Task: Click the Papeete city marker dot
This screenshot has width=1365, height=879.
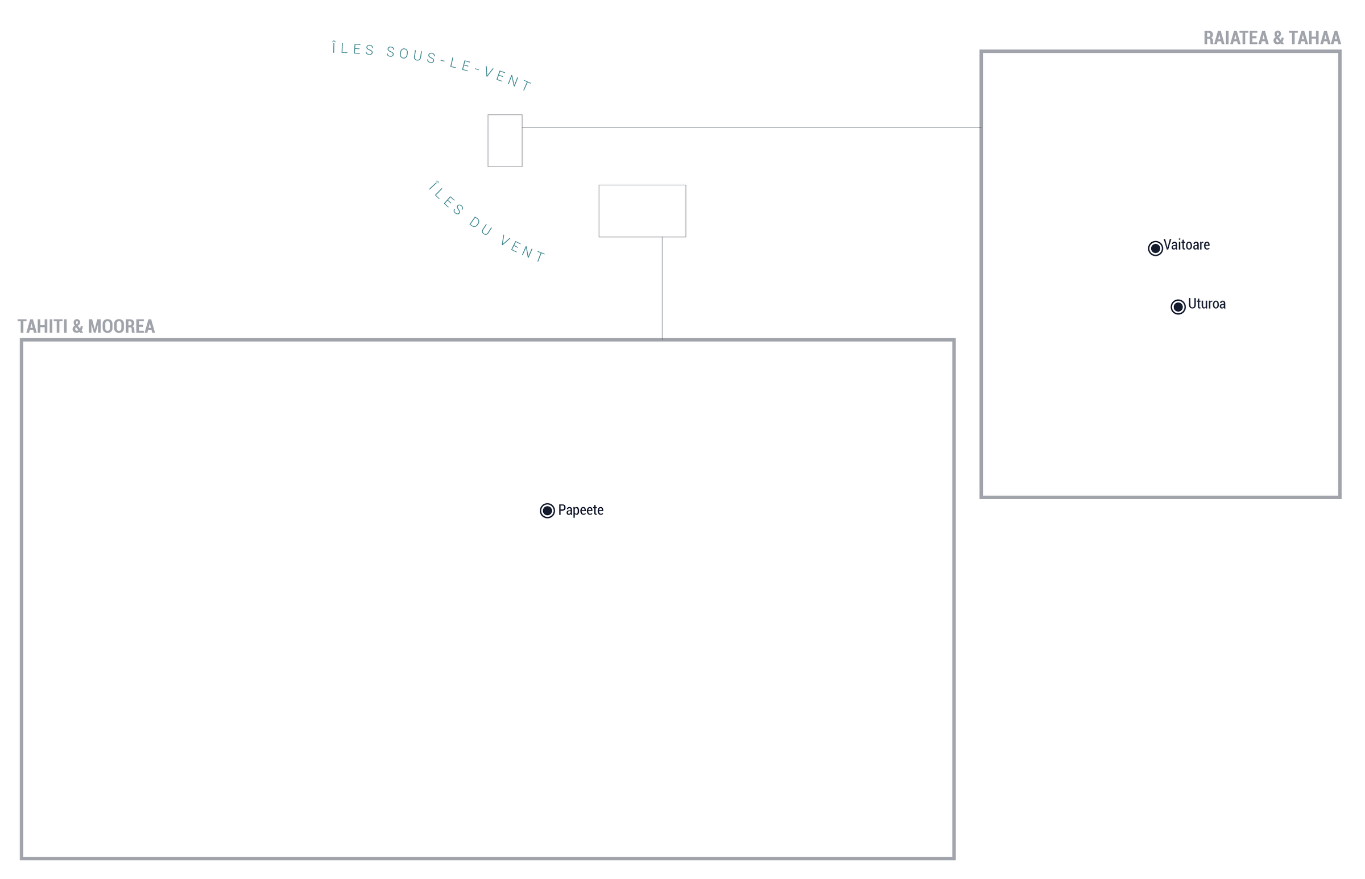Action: click(x=547, y=510)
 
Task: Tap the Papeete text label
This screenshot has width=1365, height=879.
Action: click(x=581, y=509)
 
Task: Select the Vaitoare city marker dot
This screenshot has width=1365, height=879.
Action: click(x=1155, y=248)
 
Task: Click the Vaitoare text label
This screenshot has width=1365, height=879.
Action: click(x=1186, y=245)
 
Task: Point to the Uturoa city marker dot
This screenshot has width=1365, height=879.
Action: click(x=1178, y=307)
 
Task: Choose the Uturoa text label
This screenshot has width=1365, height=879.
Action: click(x=1206, y=304)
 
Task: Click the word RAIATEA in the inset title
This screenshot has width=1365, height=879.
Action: click(x=1235, y=38)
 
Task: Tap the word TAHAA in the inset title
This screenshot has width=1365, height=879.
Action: click(x=1314, y=38)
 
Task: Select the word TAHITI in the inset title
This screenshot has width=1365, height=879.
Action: click(x=42, y=326)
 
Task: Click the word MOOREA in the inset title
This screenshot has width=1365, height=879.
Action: click(x=121, y=326)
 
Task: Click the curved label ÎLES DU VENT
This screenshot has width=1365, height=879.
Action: click(x=486, y=222)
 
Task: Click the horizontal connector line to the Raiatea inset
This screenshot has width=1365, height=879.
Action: click(x=751, y=127)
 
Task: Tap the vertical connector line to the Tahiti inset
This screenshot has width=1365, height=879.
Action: click(x=662, y=288)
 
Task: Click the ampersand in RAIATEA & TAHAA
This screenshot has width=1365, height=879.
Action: click(x=1278, y=38)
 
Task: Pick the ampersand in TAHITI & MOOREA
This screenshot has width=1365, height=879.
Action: click(x=78, y=326)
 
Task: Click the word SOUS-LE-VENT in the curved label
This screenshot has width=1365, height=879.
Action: click(x=459, y=67)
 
